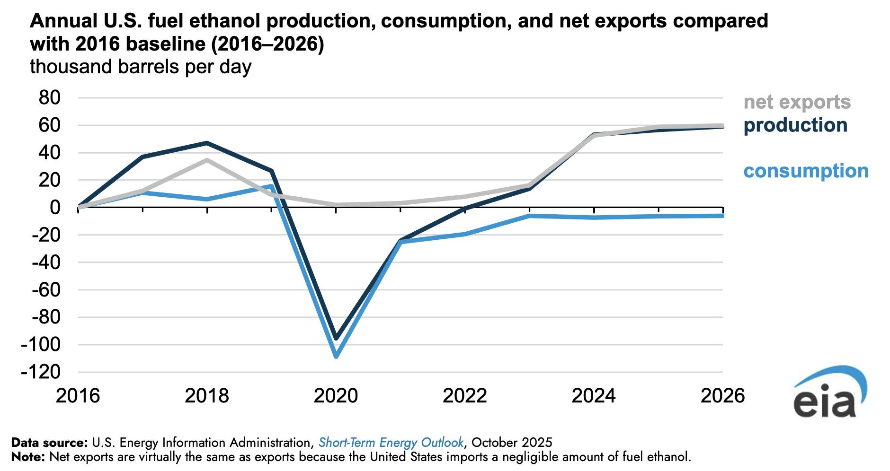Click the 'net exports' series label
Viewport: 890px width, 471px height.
coord(797,102)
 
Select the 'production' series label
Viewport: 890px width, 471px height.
coord(795,125)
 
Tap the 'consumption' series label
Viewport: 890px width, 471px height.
coord(806,171)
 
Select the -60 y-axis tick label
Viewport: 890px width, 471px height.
coord(46,289)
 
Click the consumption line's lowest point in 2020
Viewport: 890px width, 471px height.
coord(336,357)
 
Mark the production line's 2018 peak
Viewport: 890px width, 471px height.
coord(207,143)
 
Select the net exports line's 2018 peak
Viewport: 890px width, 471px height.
coord(207,160)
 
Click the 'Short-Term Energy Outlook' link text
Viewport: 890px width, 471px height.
coord(391,443)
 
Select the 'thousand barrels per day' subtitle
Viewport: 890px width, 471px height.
coord(140,67)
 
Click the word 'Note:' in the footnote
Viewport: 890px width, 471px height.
coord(28,457)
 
